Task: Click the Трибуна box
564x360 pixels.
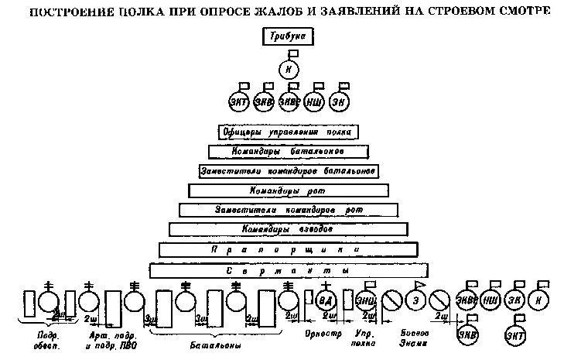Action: [288, 36]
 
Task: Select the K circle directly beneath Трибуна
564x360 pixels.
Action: [288, 70]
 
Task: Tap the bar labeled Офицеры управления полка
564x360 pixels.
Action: [287, 132]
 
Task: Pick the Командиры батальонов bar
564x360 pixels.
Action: [287, 151]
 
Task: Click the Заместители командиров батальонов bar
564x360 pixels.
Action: [287, 170]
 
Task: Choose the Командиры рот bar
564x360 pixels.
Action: [287, 190]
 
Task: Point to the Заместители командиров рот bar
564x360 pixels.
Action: [287, 210]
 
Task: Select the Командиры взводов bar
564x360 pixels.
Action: [287, 230]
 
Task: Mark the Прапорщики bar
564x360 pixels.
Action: [287, 250]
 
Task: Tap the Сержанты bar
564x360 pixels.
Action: [287, 271]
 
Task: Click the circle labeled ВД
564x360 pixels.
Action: [326, 300]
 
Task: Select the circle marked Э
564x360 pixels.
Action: [416, 300]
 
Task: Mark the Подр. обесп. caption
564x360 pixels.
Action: [48, 339]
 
